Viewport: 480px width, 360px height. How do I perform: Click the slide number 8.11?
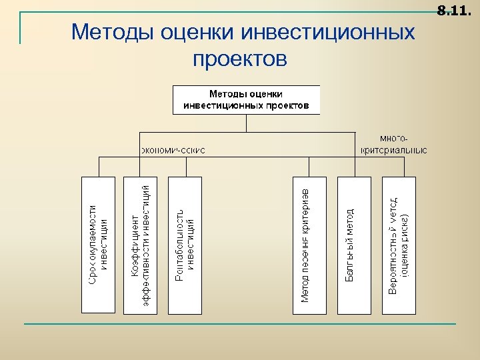453,11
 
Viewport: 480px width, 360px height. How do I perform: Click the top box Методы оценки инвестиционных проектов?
246,99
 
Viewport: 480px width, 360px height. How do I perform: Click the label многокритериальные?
394,144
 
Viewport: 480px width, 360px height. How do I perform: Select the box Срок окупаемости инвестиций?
98,245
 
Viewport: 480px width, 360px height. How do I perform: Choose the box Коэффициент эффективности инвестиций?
141,245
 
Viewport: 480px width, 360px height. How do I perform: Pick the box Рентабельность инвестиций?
185,245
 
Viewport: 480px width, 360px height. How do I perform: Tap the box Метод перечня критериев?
310,245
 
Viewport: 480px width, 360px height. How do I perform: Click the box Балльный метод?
354,245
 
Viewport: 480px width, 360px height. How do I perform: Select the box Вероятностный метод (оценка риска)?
399,245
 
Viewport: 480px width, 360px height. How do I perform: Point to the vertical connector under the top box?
246,123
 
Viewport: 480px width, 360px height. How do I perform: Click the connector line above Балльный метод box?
354,167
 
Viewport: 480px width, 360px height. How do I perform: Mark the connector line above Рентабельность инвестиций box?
185,167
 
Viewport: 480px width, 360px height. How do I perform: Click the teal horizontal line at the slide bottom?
240,324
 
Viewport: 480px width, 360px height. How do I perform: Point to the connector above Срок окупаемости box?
99,167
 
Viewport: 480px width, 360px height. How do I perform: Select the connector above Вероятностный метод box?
399,167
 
